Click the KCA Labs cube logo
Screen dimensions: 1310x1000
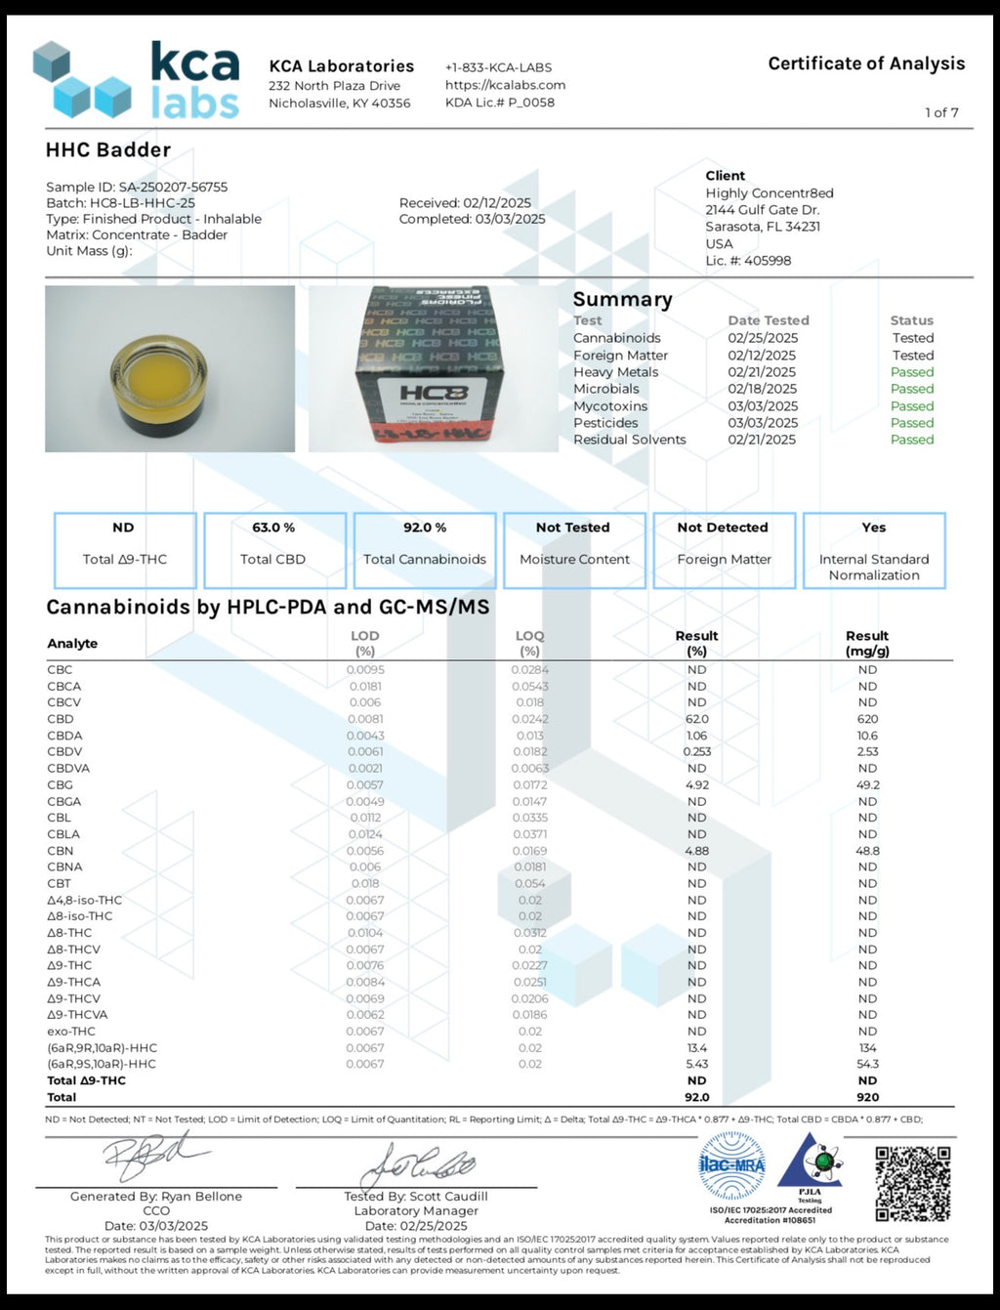pos(82,81)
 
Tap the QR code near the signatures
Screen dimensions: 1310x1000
pos(912,1183)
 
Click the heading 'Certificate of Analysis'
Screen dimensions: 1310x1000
pos(866,63)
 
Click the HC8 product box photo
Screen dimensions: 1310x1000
pos(434,369)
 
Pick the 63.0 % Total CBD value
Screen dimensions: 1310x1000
pos(273,528)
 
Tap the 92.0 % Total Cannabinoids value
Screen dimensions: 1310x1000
pos(425,528)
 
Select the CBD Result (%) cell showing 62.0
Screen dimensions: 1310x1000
pos(696,719)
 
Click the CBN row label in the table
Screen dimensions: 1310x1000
pos(61,851)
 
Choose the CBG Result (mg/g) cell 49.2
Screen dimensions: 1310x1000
pos(867,784)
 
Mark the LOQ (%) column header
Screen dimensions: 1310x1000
pos(529,643)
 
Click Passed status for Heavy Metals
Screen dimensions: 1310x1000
pos(911,372)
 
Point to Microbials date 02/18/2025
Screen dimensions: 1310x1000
pos(762,389)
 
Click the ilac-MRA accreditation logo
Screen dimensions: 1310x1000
pos(731,1164)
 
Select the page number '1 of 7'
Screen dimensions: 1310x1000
pos(941,112)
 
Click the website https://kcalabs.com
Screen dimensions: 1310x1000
pos(505,85)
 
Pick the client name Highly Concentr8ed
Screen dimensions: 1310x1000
pos(770,193)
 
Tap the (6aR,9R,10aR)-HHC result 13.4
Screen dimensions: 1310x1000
pos(696,1048)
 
